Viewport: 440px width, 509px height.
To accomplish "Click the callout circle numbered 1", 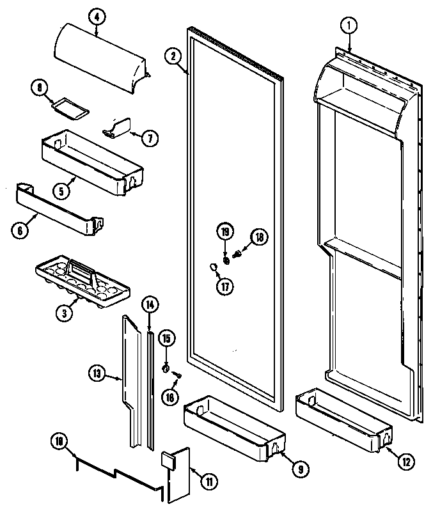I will pyautogui.click(x=349, y=26).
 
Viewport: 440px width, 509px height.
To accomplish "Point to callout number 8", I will pyautogui.click(x=40, y=88).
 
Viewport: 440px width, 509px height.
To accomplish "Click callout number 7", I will pyautogui.click(x=150, y=137).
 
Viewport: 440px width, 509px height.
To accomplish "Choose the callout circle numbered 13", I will pyautogui.click(x=96, y=373).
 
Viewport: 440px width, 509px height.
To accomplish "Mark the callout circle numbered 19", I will pyautogui.click(x=225, y=231).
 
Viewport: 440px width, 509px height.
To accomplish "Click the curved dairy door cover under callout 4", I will pyautogui.click(x=102, y=64).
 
